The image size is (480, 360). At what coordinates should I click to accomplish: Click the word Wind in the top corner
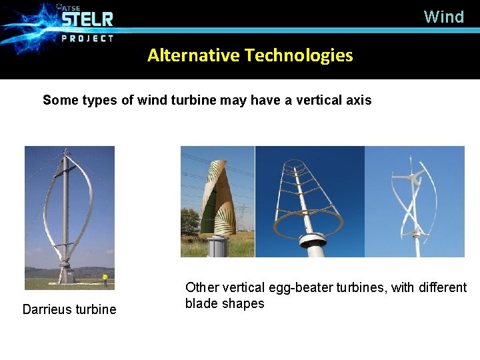443,17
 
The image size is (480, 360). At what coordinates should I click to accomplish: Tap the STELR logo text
87,18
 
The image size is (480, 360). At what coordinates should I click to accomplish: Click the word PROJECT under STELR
87,38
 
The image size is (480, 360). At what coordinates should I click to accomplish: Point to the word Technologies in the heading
298,55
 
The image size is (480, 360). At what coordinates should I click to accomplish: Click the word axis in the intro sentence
357,101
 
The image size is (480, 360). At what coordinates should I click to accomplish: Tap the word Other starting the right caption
201,287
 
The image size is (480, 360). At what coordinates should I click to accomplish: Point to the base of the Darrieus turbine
65,273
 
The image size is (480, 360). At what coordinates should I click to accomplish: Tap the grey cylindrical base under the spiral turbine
217,246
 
